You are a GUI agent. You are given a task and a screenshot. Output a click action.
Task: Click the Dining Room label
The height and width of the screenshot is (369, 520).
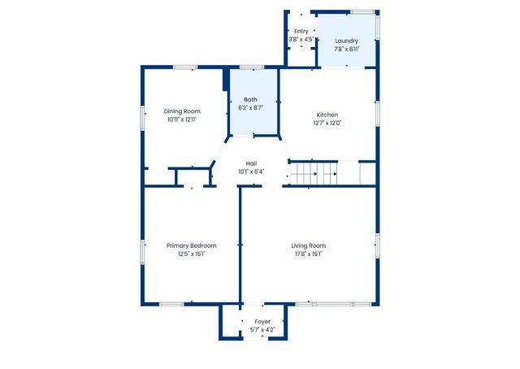pyautogui.click(x=182, y=111)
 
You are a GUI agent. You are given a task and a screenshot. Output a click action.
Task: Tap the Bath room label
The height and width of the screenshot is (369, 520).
pyautogui.click(x=250, y=99)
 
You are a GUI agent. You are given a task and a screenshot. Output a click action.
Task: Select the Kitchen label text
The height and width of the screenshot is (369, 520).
pyautogui.click(x=327, y=115)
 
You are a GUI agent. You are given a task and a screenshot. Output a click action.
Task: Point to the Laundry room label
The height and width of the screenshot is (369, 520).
pyautogui.click(x=346, y=41)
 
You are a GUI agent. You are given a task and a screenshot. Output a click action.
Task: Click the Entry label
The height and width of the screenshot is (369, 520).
pyautogui.click(x=301, y=31)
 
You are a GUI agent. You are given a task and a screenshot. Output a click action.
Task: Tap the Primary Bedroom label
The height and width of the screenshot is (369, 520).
pyautogui.click(x=192, y=245)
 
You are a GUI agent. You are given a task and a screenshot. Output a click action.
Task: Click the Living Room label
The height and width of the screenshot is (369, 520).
pyautogui.click(x=309, y=245)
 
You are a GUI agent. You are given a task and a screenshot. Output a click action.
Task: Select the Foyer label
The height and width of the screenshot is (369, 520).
pyautogui.click(x=262, y=322)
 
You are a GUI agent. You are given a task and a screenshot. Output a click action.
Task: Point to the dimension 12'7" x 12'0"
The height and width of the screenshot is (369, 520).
pyautogui.click(x=327, y=124)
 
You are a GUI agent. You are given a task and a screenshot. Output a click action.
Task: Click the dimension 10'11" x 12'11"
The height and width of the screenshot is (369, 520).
pyautogui.click(x=182, y=119)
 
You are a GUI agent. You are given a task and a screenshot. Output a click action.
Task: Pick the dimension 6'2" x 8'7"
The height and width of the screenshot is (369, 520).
pyautogui.click(x=250, y=107)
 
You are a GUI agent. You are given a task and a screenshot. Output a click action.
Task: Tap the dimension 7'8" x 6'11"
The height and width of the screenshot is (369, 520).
pyautogui.click(x=346, y=49)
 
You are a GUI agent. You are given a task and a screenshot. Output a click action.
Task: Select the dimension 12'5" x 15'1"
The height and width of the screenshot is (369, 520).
pyautogui.click(x=192, y=254)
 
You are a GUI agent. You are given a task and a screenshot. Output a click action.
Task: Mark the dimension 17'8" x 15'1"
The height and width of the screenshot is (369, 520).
pyautogui.click(x=309, y=254)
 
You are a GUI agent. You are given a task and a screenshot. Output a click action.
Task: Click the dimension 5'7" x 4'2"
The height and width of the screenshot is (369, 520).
pyautogui.click(x=262, y=330)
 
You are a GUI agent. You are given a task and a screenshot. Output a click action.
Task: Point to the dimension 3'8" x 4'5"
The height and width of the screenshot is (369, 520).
pyautogui.click(x=301, y=39)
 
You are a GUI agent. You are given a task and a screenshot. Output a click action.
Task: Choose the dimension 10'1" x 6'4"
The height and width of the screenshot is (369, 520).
pyautogui.click(x=252, y=171)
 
